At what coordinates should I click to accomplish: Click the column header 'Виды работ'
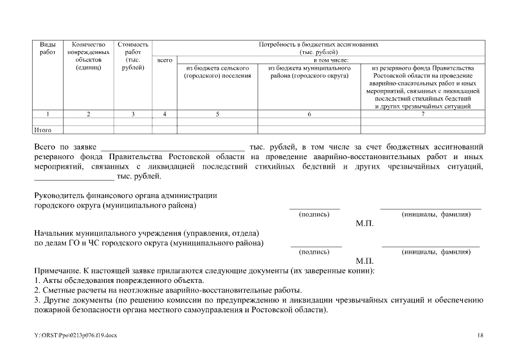click(x=47, y=48)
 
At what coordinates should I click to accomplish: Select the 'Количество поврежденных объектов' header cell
click(x=88, y=56)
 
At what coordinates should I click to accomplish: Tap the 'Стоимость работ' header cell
click(x=133, y=56)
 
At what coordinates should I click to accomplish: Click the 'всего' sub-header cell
click(x=165, y=60)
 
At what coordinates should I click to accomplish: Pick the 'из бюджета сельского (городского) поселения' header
click(x=217, y=71)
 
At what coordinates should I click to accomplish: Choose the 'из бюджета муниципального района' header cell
click(x=309, y=71)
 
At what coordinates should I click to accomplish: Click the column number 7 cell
click(x=422, y=114)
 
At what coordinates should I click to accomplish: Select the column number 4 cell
click(x=165, y=114)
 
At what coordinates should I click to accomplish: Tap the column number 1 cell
click(x=47, y=114)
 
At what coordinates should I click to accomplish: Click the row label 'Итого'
click(x=43, y=130)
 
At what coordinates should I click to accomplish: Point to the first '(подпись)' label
click(x=314, y=214)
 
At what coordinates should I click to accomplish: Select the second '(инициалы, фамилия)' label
click(x=435, y=252)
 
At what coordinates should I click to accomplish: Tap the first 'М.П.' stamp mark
click(x=364, y=223)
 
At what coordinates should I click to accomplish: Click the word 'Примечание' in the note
click(x=56, y=271)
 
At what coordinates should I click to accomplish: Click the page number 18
click(x=480, y=335)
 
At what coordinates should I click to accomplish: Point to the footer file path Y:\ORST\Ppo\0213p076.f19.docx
click(x=75, y=335)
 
